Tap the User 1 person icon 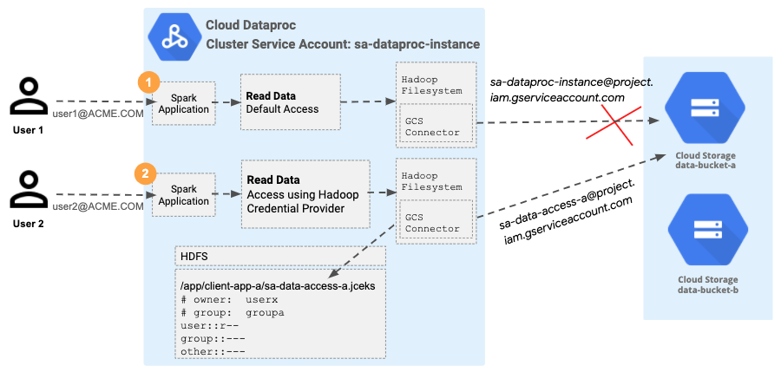[x=29, y=97]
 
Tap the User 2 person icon [x=29, y=190]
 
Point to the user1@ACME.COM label [x=98, y=114]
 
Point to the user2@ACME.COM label [x=98, y=206]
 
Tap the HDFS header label [x=194, y=257]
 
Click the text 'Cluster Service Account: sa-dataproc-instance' [x=342, y=43]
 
